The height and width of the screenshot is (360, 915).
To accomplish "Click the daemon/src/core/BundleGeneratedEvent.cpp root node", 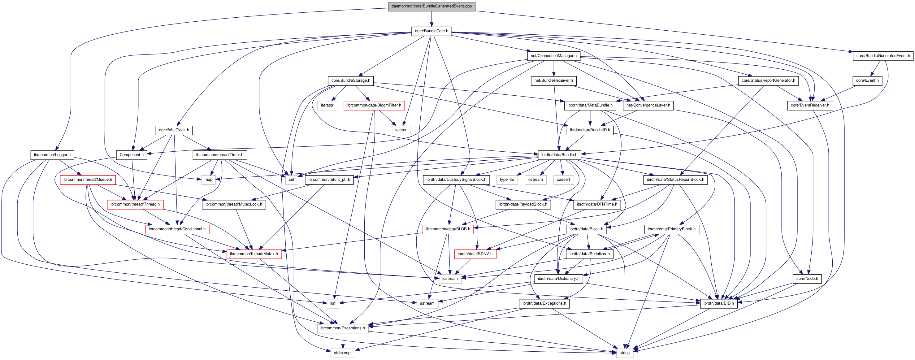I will [x=431, y=6].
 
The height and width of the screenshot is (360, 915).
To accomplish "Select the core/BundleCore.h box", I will [x=431, y=31].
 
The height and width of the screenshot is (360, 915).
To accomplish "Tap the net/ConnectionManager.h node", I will [x=553, y=56].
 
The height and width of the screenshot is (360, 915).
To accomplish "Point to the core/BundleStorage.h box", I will [x=351, y=80].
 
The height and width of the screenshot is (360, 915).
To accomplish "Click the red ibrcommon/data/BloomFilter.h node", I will [x=374, y=105].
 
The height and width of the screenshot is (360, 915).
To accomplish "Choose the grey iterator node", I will [x=327, y=105].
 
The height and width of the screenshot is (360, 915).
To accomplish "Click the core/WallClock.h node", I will [x=174, y=130].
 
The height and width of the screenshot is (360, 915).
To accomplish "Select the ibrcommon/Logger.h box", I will [x=52, y=154].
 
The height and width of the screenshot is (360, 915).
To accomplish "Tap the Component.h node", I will [x=132, y=154].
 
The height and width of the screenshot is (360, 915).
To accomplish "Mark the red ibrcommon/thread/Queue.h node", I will [x=87, y=180].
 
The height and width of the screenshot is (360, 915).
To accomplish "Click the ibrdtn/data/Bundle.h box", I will [x=559, y=154].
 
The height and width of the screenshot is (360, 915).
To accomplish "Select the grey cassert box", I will [x=563, y=180].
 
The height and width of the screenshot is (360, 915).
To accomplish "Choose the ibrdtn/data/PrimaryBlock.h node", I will [x=671, y=229].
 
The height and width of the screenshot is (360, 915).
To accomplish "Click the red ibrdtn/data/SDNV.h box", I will [x=475, y=254].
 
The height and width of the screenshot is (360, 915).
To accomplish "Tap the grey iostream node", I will [x=450, y=279].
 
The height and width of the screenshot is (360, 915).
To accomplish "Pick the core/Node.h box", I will [x=807, y=279].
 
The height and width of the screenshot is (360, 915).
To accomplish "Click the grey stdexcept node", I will [x=342, y=353].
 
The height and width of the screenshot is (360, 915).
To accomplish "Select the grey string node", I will [x=624, y=353].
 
